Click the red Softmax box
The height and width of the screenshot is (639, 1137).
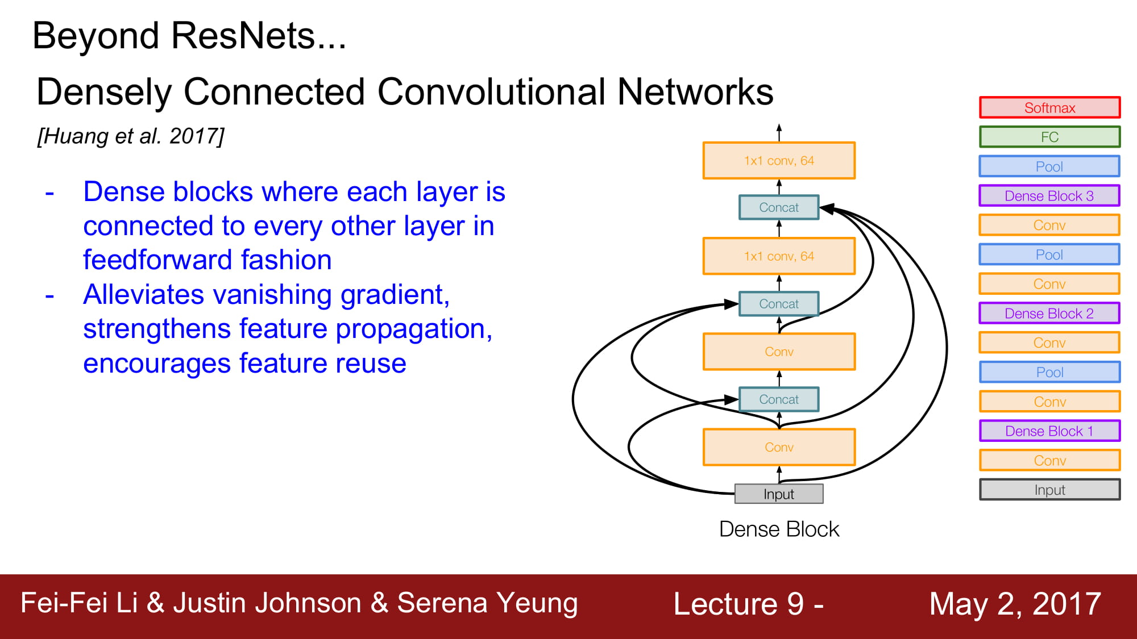click(1049, 107)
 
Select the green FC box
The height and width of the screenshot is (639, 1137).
click(1049, 137)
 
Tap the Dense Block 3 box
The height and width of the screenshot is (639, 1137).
click(1049, 196)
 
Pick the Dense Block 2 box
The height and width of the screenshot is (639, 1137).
click(1049, 314)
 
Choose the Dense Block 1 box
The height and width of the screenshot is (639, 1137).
click(1049, 431)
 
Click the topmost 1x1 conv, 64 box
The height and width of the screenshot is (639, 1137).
click(779, 161)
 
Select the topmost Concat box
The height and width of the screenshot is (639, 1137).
click(779, 207)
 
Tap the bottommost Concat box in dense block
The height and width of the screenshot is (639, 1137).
click(779, 399)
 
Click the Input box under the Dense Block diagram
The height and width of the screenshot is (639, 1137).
click(779, 494)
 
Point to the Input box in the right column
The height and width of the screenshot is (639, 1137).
click(1049, 490)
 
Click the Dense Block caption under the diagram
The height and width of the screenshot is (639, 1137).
click(779, 529)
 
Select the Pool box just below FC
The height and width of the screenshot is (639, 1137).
click(1049, 166)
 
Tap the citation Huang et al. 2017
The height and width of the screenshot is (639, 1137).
click(131, 137)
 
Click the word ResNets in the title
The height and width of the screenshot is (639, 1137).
click(259, 36)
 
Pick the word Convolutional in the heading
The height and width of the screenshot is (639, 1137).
click(491, 92)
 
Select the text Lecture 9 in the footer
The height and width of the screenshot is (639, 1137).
click(738, 604)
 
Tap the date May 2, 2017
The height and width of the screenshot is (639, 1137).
click(1015, 604)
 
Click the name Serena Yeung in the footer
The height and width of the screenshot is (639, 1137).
click(487, 603)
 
